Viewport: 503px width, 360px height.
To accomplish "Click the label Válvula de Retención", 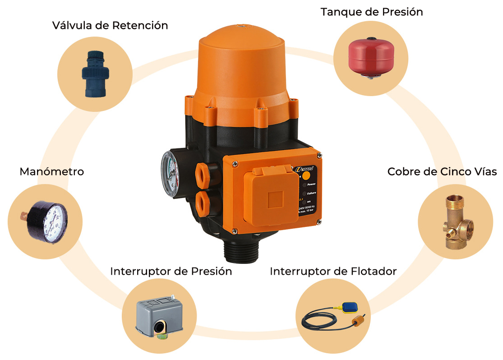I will pos(110,25).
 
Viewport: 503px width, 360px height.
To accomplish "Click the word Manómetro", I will pos(51,172).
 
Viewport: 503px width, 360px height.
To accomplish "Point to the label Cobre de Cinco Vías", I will pos(442,172).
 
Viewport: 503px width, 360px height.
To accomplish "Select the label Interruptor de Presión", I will pos(171,271).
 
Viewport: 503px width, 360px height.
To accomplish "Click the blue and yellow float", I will pos(351,307).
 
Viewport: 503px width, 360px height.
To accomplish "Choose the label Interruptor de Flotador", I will pos(333,271).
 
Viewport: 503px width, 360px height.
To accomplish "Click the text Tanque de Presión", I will pos(372,12).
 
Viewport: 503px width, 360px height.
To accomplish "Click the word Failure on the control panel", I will pos(312,193).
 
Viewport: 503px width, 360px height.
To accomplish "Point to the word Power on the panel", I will pos(311,184).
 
